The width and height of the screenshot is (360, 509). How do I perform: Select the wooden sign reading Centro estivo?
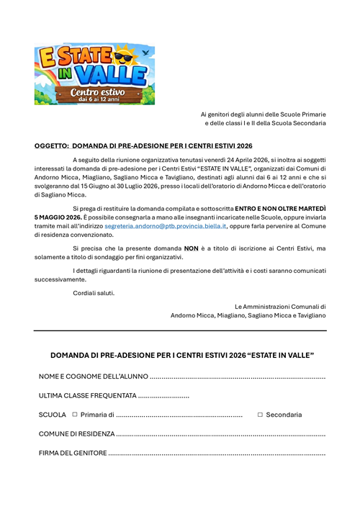click(97, 94)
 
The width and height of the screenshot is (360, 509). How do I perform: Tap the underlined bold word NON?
click(191, 248)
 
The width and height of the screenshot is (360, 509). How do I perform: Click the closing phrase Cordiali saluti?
click(94, 292)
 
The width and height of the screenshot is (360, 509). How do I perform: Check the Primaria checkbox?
click(74, 415)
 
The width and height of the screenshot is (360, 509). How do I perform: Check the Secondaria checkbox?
click(260, 415)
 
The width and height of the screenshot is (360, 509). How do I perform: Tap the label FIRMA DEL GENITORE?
click(73, 453)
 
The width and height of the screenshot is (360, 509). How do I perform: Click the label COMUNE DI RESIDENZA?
click(76, 433)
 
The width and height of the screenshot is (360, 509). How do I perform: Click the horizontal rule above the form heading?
click(180, 330)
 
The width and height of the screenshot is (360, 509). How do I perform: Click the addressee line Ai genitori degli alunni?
click(263, 114)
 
